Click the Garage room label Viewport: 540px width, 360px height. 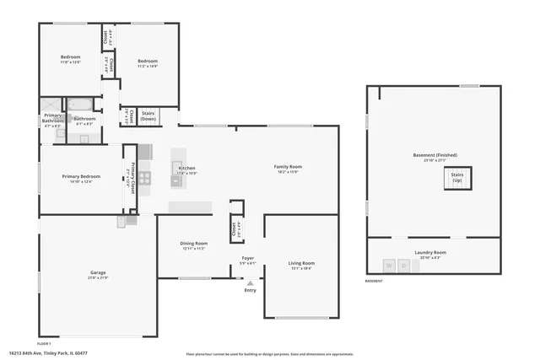(x=98, y=273)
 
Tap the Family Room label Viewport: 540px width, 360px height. (x=288, y=167)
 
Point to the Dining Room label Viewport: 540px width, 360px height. (x=194, y=245)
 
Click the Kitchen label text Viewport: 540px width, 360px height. (x=186, y=169)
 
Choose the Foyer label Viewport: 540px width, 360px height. (x=247, y=259)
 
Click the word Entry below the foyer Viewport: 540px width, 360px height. (x=250, y=291)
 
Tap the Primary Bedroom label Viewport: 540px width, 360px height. (x=81, y=177)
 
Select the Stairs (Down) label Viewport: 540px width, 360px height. (x=148, y=116)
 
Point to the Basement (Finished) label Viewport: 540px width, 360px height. (x=435, y=155)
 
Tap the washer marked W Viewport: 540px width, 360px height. (x=390, y=266)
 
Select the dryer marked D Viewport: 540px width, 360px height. (x=404, y=266)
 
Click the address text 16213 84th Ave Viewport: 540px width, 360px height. (x=47, y=353)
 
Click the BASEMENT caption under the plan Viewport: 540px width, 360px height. (x=373, y=281)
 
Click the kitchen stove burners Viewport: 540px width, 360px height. (x=145, y=178)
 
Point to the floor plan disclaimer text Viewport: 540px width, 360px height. (x=267, y=353)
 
